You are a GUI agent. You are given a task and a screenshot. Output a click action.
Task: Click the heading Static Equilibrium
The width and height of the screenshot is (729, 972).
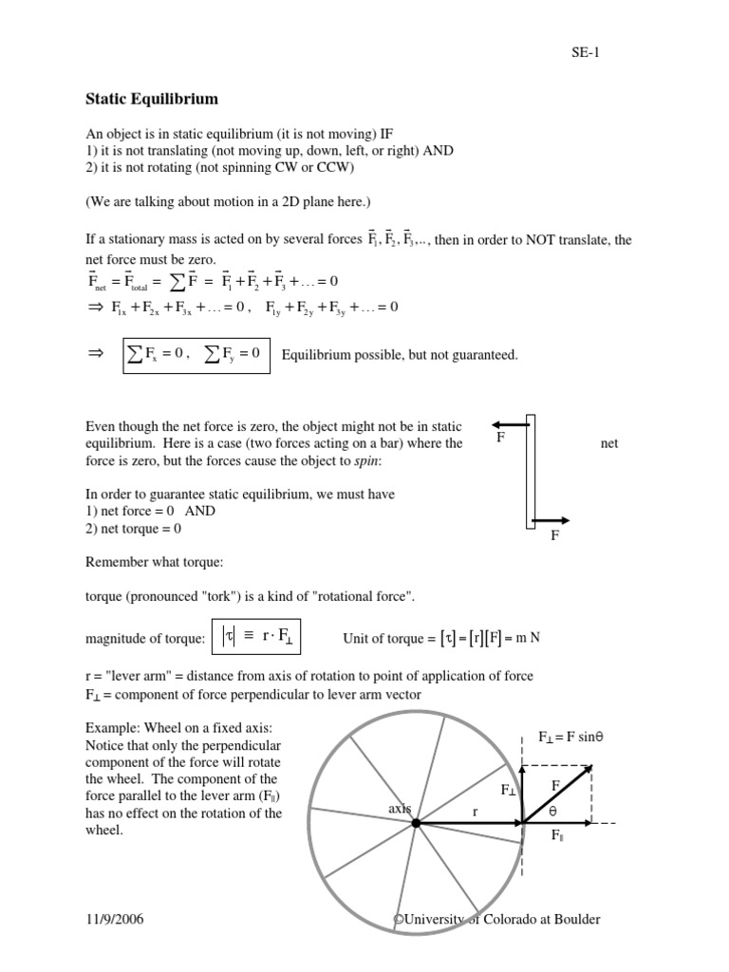coord(152,99)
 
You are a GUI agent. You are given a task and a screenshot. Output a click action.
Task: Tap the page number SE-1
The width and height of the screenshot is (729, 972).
coord(586,52)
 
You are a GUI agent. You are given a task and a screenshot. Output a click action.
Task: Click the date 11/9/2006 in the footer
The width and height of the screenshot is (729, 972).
coord(115,920)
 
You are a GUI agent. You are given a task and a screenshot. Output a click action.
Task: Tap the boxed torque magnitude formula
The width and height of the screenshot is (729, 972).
coord(259,638)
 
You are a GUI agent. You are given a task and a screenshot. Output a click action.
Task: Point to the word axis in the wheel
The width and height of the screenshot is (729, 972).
coord(399,808)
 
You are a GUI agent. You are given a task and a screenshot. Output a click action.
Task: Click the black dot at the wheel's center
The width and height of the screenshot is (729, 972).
coord(416,823)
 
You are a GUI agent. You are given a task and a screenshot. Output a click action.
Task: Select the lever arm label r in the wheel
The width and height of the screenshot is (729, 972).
coord(476,812)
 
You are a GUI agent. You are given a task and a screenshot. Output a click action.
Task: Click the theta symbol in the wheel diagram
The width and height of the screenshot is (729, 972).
coord(552,813)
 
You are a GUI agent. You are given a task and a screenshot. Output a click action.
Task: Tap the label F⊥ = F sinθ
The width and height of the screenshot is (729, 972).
coord(572,737)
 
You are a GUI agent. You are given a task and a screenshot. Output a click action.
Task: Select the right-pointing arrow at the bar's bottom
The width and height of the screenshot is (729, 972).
coord(551,519)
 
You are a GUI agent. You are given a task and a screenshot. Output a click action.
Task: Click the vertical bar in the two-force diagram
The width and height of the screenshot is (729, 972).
coord(531,472)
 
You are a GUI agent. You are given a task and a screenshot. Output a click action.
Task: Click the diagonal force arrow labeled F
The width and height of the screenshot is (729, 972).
coord(558,794)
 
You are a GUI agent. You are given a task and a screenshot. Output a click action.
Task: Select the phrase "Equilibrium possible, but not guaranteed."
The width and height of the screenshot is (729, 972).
coord(400,355)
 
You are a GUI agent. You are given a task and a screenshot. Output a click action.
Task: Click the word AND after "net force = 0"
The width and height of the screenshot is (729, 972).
coord(200,511)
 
